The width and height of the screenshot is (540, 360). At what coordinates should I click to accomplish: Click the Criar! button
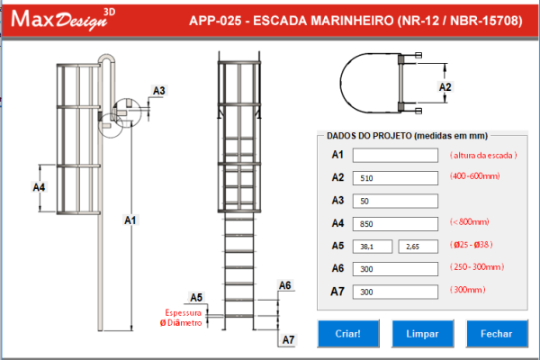(x=347, y=333)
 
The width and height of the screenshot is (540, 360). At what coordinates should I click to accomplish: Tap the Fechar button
(x=496, y=333)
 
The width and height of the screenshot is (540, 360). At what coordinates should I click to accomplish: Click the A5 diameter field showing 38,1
(x=373, y=246)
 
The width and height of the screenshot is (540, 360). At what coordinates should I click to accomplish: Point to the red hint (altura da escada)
(x=482, y=155)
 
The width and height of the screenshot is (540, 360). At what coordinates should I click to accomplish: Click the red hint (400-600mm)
(x=474, y=176)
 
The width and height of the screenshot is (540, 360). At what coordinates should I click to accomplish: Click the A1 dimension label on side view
(x=130, y=220)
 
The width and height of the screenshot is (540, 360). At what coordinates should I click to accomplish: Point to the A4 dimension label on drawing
(x=40, y=188)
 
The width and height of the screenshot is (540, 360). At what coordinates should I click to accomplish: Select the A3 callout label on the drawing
(x=158, y=91)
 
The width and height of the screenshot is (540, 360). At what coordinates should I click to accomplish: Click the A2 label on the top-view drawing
(x=444, y=87)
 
